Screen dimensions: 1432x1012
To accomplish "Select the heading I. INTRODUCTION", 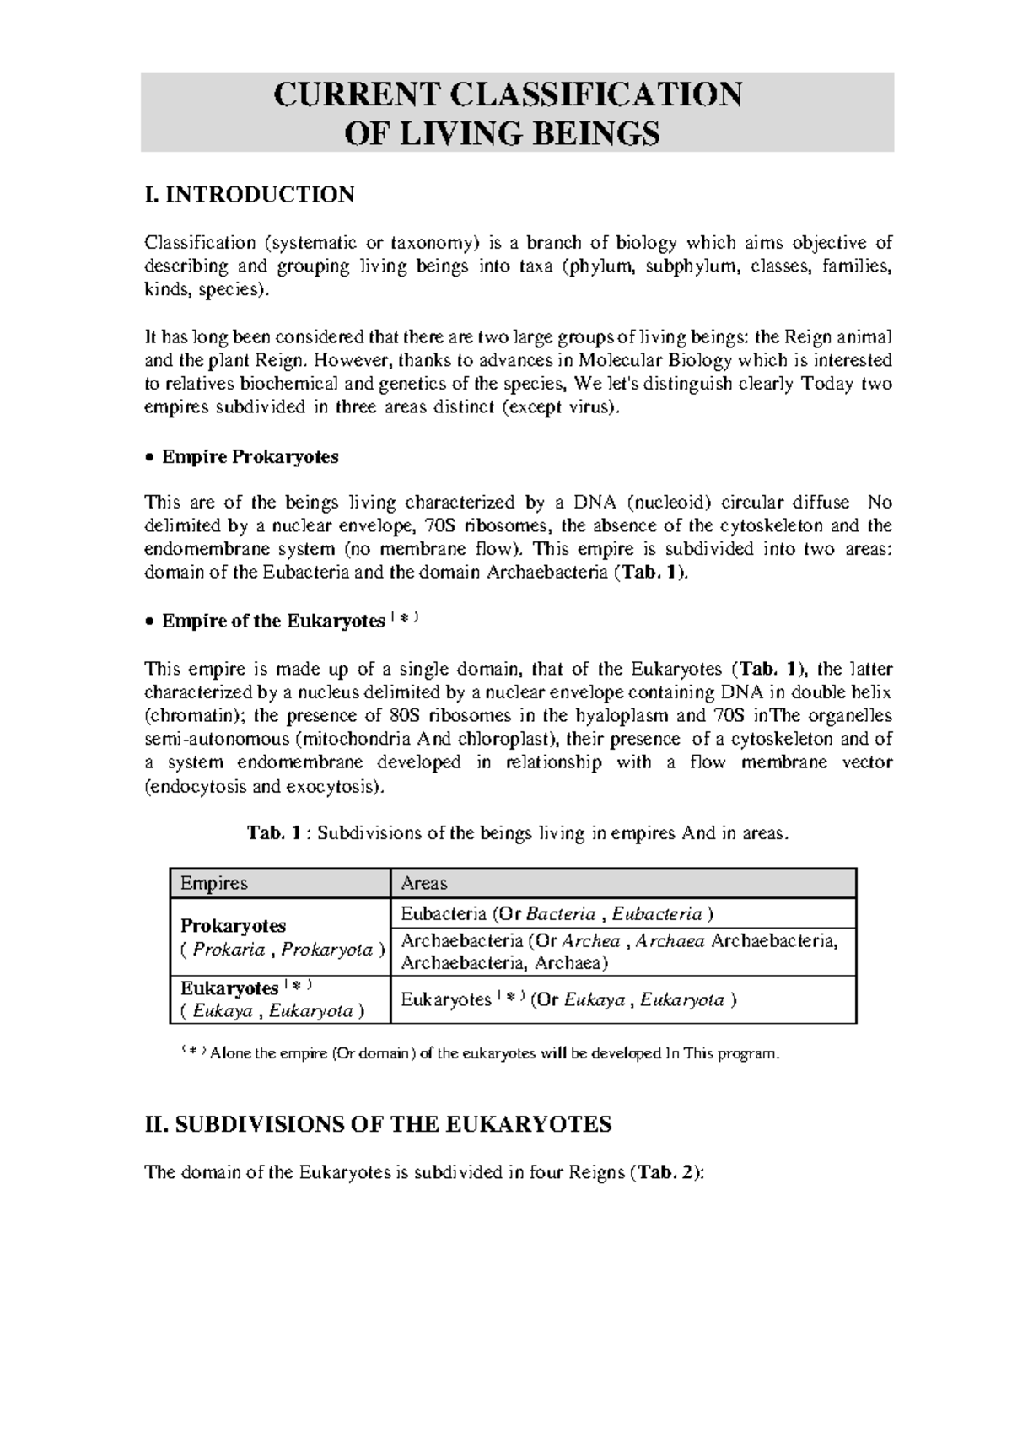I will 250,195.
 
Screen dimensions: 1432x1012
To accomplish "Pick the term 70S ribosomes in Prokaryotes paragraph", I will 484,526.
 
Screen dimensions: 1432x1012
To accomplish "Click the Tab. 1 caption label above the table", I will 273,833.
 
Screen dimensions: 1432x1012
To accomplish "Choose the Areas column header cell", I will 424,883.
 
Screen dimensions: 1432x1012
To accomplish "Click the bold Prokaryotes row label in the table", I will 234,926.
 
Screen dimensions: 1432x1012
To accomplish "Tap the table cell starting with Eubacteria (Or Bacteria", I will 557,914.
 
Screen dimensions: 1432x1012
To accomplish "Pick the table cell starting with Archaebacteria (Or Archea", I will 619,952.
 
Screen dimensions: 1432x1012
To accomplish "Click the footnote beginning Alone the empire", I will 489,1053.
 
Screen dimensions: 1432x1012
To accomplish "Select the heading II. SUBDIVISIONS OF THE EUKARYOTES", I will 379,1124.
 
